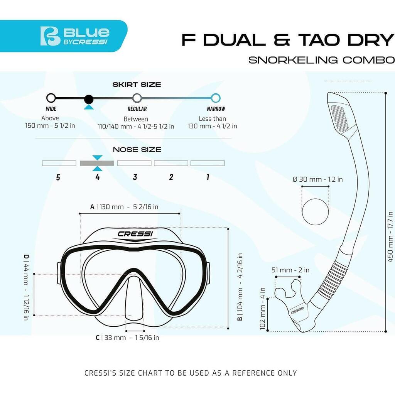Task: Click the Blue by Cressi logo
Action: coord(75,36)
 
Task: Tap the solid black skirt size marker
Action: coord(88,100)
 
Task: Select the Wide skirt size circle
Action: coord(51,98)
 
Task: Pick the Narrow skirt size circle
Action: coord(216,98)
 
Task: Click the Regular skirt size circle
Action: coord(137,98)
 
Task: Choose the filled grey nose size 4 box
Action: coord(97,163)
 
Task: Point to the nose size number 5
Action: coord(58,177)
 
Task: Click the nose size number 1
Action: coord(208,177)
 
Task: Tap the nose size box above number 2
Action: coord(171,163)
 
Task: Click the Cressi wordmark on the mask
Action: coord(135,234)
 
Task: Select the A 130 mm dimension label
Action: coord(124,207)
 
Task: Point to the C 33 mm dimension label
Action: coord(127,338)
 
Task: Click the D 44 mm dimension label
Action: coord(26,287)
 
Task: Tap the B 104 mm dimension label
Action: coord(240,287)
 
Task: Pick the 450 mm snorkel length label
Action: coord(390,237)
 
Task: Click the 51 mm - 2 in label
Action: coord(290,270)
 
